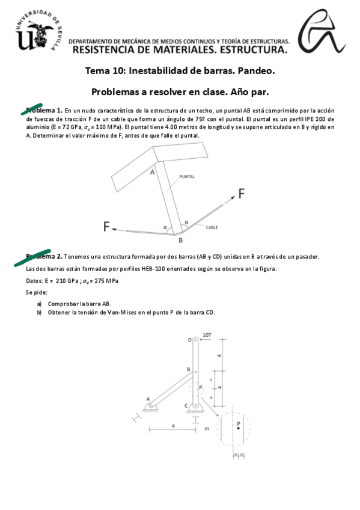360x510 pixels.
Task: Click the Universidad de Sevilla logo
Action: tap(39, 31)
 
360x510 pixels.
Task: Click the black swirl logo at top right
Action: tap(322, 31)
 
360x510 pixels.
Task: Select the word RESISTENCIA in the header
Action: tap(110, 50)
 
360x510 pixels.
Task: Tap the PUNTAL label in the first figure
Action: tap(187, 177)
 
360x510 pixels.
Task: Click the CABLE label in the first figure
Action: tap(212, 227)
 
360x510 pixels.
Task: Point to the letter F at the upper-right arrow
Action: tap(242, 194)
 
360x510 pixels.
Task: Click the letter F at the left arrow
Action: tap(106, 226)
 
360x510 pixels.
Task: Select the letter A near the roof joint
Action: tap(152, 173)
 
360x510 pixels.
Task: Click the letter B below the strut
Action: tap(181, 241)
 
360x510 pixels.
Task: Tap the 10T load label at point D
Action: tap(207, 335)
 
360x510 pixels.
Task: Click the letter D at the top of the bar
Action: tap(190, 340)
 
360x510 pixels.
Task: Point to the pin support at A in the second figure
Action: tap(150, 407)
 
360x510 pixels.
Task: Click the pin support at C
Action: tap(195, 408)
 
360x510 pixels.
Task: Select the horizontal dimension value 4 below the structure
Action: tap(173, 425)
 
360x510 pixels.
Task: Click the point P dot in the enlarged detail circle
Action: tap(239, 428)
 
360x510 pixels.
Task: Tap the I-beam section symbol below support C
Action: tap(195, 420)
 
